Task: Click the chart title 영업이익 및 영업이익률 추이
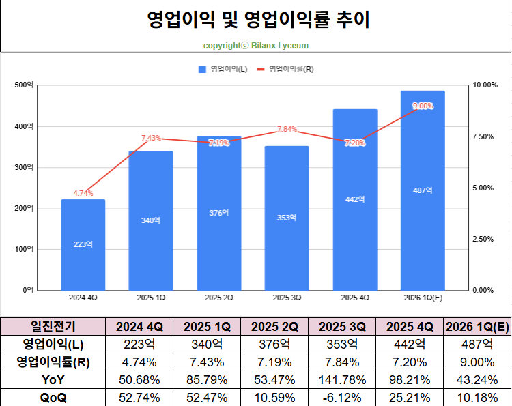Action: point(259,20)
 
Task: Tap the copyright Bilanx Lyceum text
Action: point(255,46)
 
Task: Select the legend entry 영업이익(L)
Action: point(223,69)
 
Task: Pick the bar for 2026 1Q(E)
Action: point(423,190)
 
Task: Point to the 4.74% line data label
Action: point(83,193)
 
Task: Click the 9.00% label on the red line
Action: point(423,106)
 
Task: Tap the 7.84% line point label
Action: point(287,130)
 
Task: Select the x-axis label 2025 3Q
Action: point(287,298)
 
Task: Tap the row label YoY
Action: point(53,379)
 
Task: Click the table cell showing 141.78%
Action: point(342,379)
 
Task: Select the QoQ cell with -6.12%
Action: point(342,397)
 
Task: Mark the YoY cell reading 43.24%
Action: point(477,379)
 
